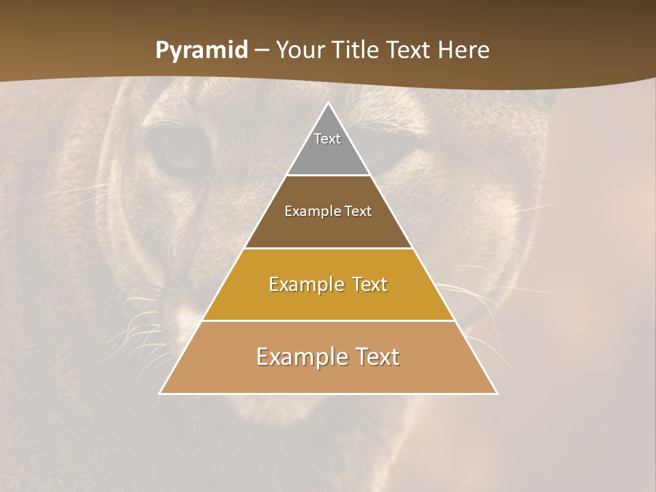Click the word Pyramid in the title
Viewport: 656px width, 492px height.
click(201, 51)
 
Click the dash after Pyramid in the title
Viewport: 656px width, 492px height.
click(261, 51)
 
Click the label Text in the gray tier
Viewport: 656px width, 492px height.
click(327, 139)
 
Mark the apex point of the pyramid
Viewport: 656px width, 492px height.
click(328, 103)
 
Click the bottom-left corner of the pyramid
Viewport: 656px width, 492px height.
click(161, 393)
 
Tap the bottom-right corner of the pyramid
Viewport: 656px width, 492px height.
click(497, 393)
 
